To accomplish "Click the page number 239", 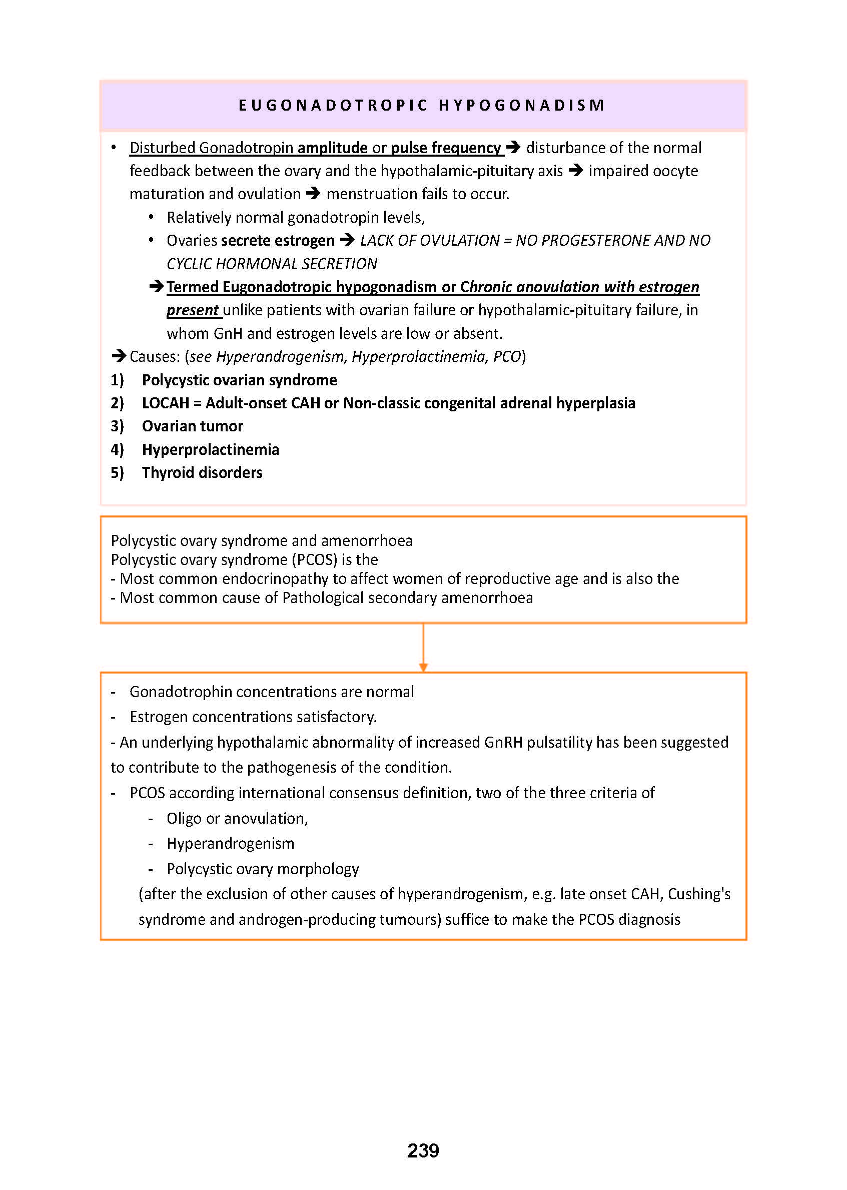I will [423, 1150].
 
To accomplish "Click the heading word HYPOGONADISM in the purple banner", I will [521, 106].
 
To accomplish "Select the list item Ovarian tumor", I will [192, 426].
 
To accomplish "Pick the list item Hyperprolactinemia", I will [210, 450].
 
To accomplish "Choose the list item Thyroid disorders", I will [202, 473].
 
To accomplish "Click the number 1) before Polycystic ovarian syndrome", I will [117, 380].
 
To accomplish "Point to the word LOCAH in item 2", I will [165, 403].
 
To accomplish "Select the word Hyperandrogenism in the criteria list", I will [230, 844].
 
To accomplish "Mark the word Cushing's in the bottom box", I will [699, 894].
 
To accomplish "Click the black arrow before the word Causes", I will [119, 356].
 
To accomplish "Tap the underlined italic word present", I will [192, 310].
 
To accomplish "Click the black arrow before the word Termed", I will [157, 286].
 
